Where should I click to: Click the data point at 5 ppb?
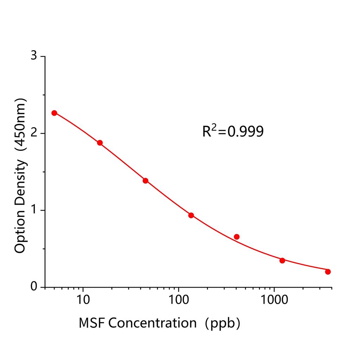coord(54,113)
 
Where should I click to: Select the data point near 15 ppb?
coord(100,143)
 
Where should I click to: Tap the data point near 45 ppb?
coord(146,181)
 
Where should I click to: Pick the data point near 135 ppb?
coord(191,215)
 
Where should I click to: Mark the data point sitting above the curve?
coord(237,237)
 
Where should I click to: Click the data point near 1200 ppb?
coord(282,261)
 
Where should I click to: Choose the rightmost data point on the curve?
coord(328,271)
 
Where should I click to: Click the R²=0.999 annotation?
coord(233,131)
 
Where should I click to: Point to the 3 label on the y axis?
coord(33,56)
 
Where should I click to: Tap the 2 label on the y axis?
coord(33,133)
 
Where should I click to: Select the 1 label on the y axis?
coord(33,210)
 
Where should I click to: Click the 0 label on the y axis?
coord(33,287)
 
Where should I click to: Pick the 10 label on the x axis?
coord(83,301)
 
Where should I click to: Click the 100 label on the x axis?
coord(179,301)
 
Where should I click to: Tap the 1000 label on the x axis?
coord(274,301)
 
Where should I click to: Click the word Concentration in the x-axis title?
coord(152,322)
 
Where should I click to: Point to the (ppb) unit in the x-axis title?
coord(223,322)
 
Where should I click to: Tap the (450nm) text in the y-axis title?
coord(20,126)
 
